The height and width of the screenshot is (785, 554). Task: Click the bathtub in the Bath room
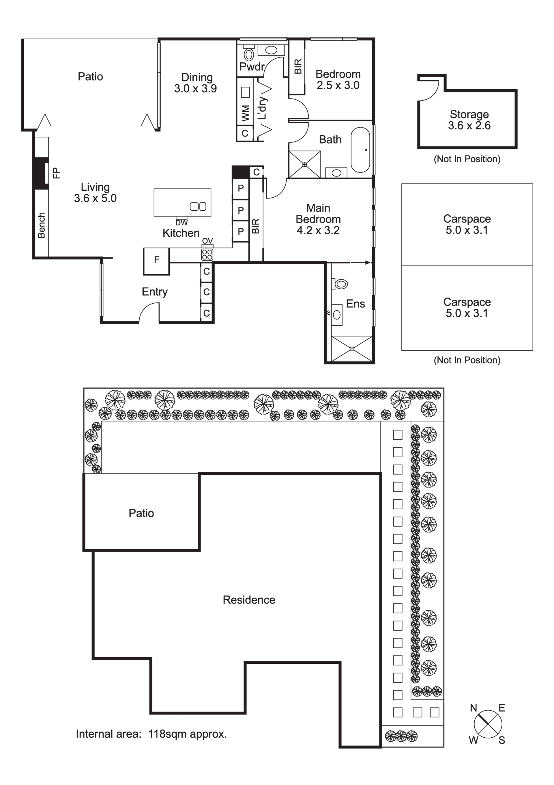360,150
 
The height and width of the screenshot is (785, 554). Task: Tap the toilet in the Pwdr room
249,53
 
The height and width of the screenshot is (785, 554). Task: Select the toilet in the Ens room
340,284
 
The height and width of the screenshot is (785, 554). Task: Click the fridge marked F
156,261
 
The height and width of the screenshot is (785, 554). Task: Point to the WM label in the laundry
245,113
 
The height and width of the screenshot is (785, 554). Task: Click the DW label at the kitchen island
181,223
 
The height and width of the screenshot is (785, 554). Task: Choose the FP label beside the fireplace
56,173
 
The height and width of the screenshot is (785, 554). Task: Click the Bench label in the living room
41,226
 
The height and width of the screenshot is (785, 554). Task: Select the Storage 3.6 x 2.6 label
469,120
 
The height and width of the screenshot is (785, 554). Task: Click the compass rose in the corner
488,724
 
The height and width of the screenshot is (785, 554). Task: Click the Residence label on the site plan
249,600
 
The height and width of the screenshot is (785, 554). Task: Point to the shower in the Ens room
352,349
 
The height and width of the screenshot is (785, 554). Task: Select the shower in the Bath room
305,164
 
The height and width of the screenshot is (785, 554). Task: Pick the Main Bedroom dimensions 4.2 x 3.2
318,231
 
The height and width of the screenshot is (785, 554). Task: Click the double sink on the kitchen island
198,206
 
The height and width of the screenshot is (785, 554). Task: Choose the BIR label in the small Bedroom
298,66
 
